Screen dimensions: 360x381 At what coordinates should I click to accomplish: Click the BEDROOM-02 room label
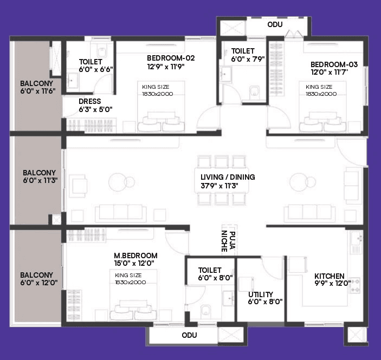(x=171, y=58)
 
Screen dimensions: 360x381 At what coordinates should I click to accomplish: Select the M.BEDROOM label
(x=135, y=256)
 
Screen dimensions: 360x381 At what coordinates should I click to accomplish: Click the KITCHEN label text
(x=330, y=276)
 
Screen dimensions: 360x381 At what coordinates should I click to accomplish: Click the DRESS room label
(x=90, y=101)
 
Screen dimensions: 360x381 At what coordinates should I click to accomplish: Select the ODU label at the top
(x=275, y=24)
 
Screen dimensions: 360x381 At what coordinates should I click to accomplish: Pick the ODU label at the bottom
(x=189, y=336)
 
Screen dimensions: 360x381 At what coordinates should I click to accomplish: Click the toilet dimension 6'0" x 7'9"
(x=248, y=60)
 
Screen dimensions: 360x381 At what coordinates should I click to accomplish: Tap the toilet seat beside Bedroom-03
(x=254, y=92)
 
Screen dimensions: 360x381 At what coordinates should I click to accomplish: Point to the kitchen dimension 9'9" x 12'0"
(x=330, y=284)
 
